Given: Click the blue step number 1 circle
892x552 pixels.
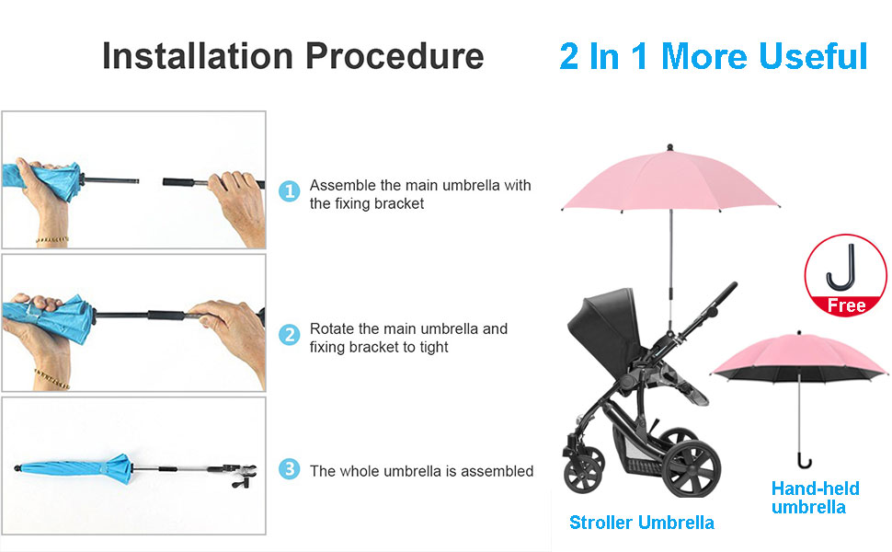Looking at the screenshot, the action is (x=289, y=191).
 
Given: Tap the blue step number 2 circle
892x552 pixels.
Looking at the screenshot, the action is (x=289, y=335).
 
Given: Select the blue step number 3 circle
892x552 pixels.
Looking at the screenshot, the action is (x=289, y=469).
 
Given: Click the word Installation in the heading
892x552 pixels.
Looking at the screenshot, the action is (x=198, y=56).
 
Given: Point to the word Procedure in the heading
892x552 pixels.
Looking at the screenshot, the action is (x=395, y=56).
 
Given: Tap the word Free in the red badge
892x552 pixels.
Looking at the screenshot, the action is (x=846, y=305).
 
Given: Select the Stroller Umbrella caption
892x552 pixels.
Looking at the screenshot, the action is (x=642, y=523).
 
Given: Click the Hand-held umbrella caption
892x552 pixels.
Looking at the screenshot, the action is (x=815, y=498).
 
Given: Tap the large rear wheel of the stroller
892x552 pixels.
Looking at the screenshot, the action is (x=692, y=467).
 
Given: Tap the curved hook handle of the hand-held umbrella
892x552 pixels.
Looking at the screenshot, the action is (x=803, y=461).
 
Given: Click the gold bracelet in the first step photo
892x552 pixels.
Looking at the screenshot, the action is (x=51, y=240).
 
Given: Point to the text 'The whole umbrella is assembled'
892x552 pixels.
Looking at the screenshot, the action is (x=421, y=471).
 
